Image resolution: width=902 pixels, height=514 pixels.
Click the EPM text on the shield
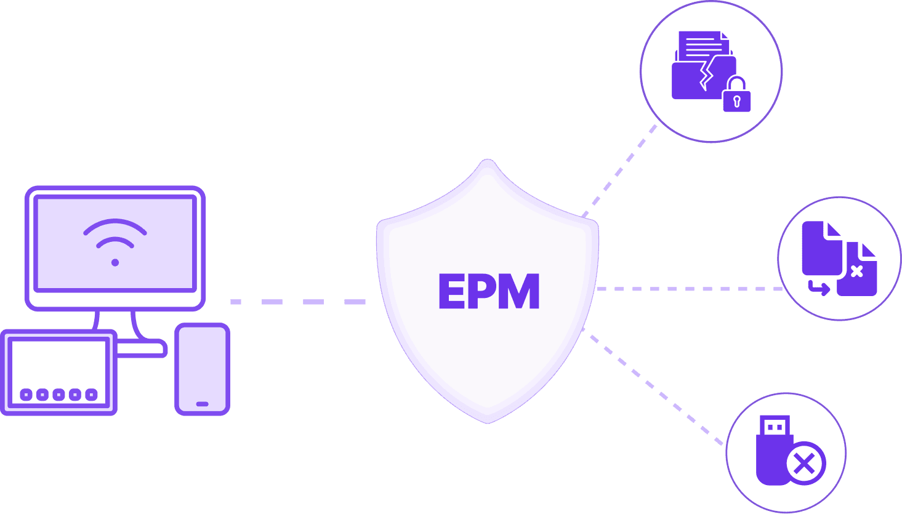click(489, 291)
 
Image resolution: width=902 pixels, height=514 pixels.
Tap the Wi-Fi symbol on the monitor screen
click(115, 241)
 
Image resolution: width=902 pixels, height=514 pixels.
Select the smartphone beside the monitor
click(202, 369)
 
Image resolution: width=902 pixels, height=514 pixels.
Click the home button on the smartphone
click(202, 404)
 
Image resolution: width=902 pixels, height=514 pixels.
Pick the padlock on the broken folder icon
click(736, 96)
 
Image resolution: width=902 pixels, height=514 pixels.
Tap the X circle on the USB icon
click(805, 463)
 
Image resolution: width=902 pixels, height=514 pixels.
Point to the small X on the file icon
click(856, 271)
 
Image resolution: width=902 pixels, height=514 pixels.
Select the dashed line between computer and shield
click(298, 302)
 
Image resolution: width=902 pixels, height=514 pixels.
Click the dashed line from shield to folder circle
click(619, 171)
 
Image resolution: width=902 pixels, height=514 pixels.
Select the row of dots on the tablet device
click(58, 395)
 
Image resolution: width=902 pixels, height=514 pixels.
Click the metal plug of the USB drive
click(775, 425)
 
